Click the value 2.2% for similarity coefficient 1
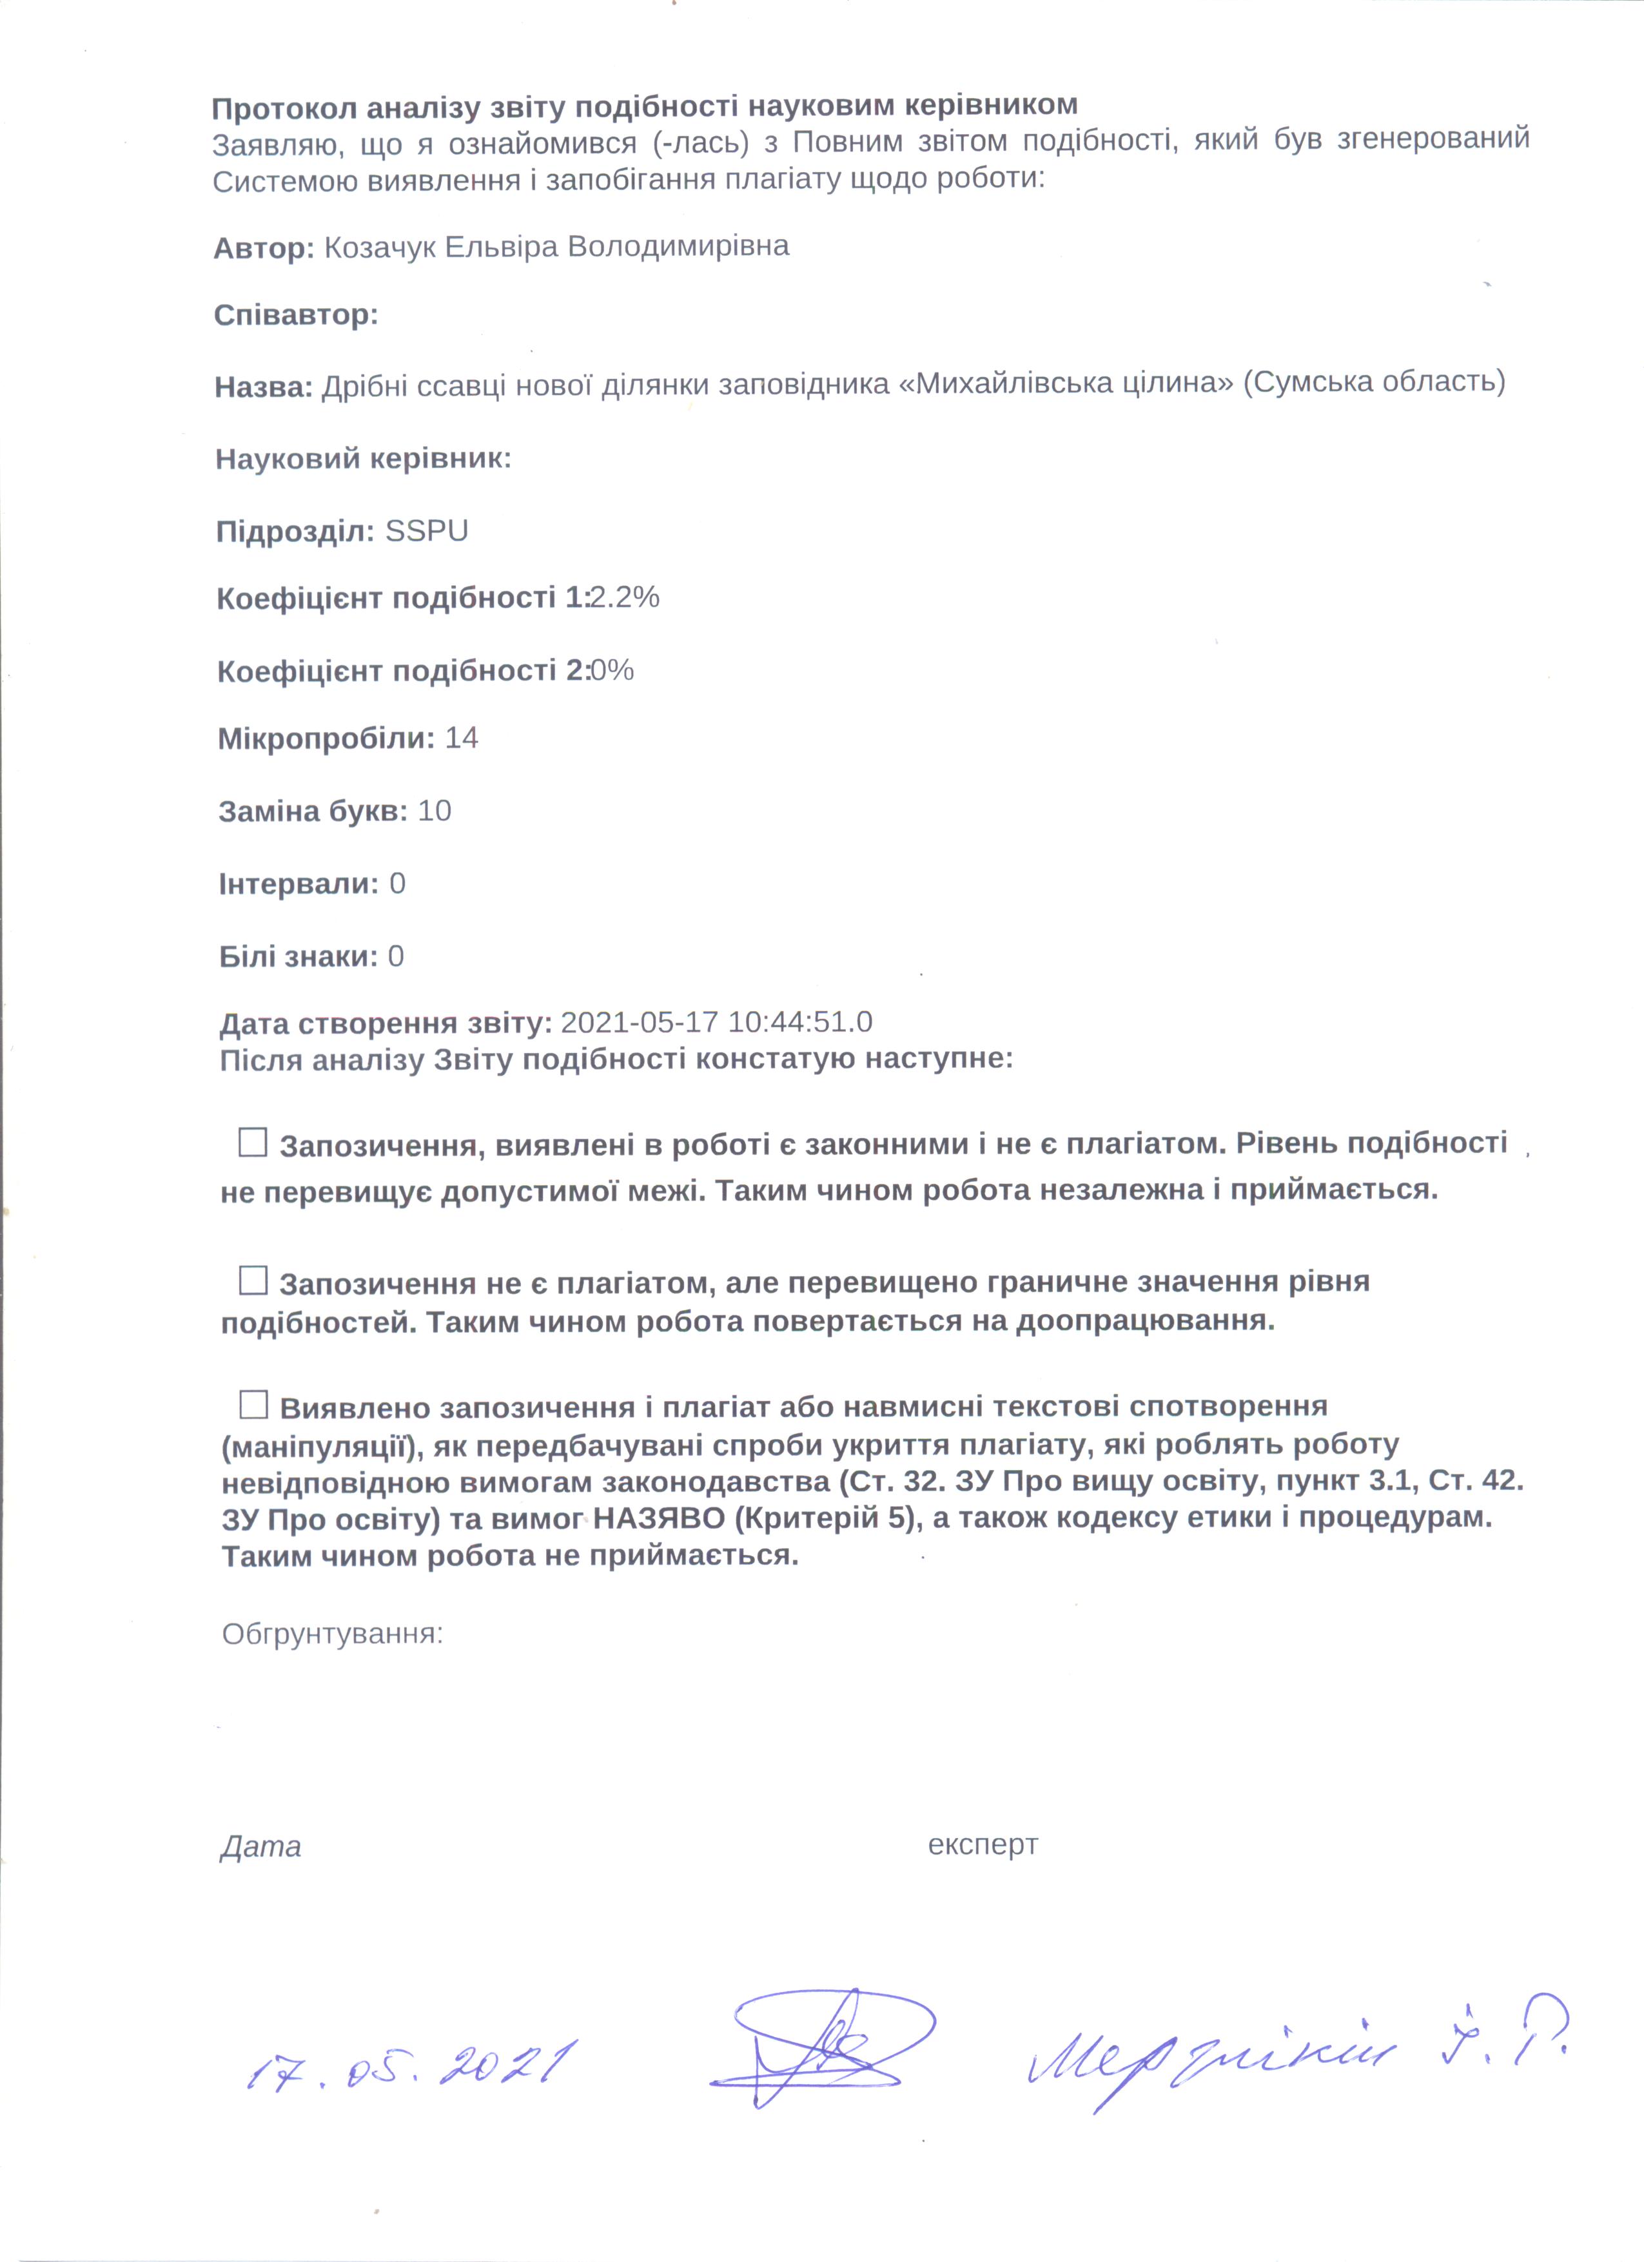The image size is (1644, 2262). tap(625, 597)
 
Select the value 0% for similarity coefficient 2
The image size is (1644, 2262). tap(612, 670)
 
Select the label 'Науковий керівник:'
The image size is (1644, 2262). tap(363, 459)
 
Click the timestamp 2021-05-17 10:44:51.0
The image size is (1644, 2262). tap(716, 1022)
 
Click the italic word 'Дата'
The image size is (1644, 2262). tap(260, 1846)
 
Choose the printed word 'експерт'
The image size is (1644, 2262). tap(983, 1845)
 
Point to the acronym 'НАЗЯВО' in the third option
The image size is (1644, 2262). tap(660, 1519)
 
